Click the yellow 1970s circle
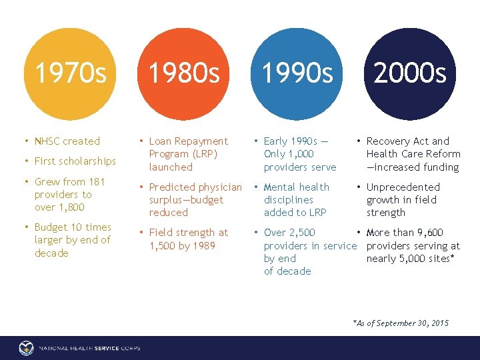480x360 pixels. coord(70,73)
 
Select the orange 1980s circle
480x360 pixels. coord(183,73)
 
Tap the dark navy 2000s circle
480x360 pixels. coord(409,73)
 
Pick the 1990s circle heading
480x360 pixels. coord(297,73)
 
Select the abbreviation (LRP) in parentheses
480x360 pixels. coord(205,154)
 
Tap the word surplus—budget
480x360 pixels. coord(186,200)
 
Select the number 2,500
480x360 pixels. coord(302,233)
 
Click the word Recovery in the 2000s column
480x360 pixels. coord(389,141)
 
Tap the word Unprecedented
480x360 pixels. coord(403,187)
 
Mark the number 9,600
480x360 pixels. coord(429,233)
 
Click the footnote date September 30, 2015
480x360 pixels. coord(413,323)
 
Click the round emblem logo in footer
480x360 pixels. coord(26,348)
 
